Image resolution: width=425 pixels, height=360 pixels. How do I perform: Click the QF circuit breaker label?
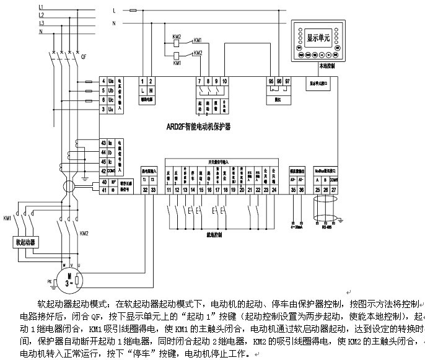(83, 56)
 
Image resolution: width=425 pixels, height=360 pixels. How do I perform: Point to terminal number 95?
(271, 81)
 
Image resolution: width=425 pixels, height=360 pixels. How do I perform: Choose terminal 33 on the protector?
(154, 190)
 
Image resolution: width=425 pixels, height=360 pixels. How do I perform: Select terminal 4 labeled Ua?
(103, 81)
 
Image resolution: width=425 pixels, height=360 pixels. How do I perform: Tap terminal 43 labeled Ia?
(103, 144)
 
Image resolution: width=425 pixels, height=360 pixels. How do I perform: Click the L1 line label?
(41, 7)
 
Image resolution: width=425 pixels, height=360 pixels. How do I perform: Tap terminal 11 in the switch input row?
(169, 190)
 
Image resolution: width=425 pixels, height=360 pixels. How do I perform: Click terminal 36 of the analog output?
(301, 190)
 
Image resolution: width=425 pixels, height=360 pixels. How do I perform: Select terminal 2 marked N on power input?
(151, 81)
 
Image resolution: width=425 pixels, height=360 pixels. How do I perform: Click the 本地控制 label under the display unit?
(326, 64)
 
